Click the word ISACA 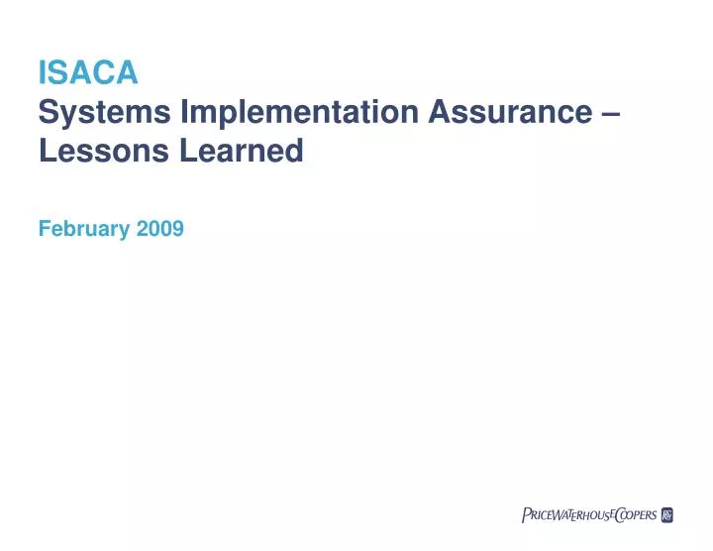point(87,72)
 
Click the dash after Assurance point(611,114)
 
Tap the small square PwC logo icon point(666,514)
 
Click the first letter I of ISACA point(42,72)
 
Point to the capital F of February point(44,229)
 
